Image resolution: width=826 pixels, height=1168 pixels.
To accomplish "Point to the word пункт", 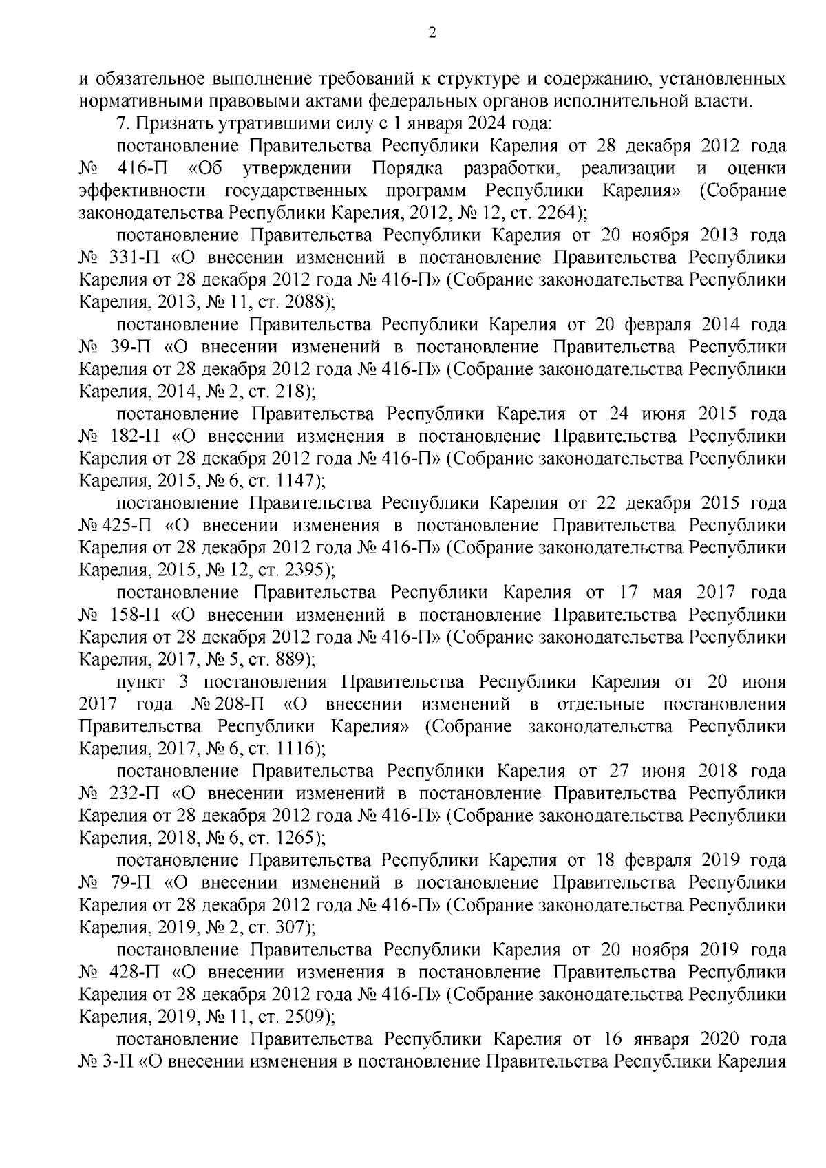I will click(x=140, y=682).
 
